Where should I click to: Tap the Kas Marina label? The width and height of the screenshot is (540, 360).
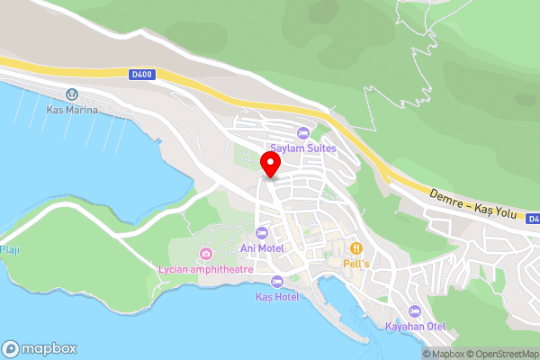71,110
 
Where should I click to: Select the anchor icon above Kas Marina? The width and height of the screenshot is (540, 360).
71,94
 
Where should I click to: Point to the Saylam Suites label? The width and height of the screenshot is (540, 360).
303,148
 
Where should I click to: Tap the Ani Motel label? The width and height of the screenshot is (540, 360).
263,247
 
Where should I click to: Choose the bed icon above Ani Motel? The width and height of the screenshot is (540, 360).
263,233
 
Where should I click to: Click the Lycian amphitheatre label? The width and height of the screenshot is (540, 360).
206,269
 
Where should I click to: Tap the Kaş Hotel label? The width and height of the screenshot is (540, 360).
276,296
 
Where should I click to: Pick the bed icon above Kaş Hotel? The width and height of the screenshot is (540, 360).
276,282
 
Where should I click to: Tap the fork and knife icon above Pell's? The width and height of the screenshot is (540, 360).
357,247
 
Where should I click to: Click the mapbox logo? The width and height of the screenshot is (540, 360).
39,348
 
